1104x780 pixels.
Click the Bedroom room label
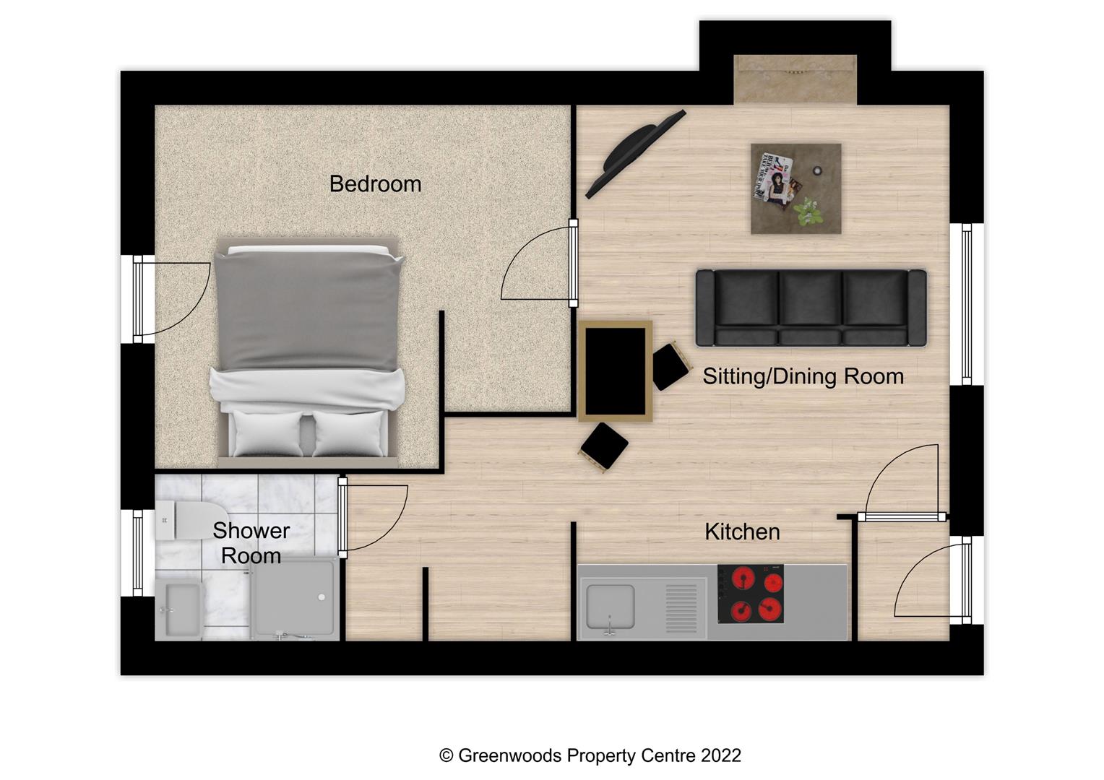click(375, 184)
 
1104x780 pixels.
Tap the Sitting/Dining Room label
click(803, 376)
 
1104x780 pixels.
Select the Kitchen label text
click(742, 532)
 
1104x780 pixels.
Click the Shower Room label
click(251, 543)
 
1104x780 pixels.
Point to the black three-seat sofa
click(811, 308)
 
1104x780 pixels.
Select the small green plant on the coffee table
click(809, 212)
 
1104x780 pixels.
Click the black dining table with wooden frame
click(615, 370)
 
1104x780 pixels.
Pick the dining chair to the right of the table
click(670, 366)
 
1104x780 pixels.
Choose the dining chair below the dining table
click(603, 447)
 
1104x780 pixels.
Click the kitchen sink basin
click(611, 607)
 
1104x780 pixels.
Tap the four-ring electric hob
click(751, 594)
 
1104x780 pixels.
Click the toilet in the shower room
click(181, 521)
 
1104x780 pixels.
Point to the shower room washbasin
click(178, 609)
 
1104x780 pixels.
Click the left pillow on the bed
click(267, 433)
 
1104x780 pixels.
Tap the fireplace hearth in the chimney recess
click(795, 79)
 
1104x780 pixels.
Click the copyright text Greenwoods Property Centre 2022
click(590, 755)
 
